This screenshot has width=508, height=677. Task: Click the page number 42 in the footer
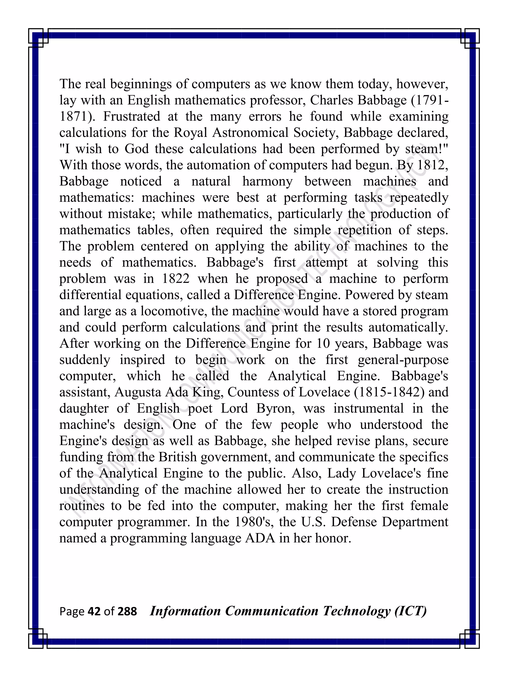point(94,611)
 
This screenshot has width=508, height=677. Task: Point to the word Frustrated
point(131,117)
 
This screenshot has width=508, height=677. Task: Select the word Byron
point(275,409)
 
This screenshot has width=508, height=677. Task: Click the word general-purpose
point(403,360)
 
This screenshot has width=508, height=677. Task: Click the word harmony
point(267,181)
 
